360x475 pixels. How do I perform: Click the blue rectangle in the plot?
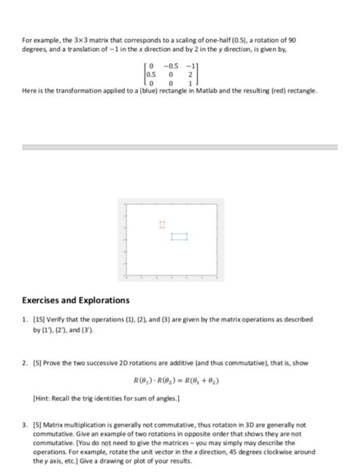click(x=179, y=237)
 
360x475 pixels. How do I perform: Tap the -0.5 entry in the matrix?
click(x=171, y=66)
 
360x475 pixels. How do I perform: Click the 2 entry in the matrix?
click(x=192, y=74)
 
